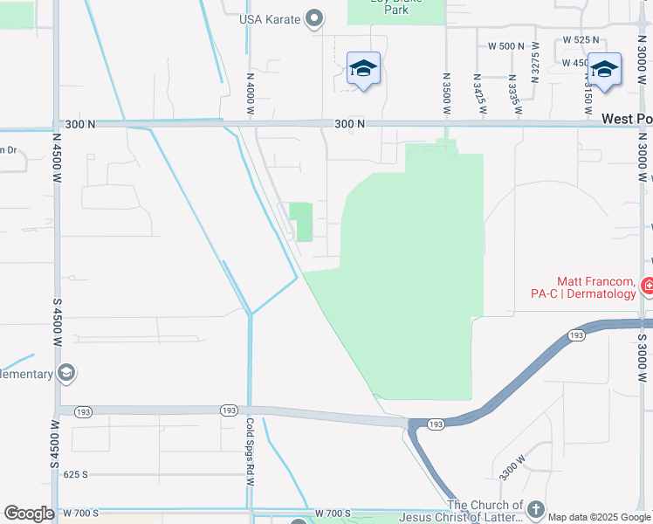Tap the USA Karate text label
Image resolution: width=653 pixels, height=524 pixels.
pos(270,20)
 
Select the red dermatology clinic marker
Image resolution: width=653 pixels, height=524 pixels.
pos(648,285)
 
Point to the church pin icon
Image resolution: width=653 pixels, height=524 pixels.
pos(536,508)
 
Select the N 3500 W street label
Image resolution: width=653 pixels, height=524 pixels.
pos(446,93)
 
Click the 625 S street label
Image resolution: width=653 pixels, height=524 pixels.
pos(76,474)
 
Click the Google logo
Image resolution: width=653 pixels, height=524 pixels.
pos(30,514)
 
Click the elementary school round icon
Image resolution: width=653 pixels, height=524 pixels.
pos(65,374)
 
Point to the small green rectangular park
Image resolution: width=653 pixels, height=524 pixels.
pos(301,220)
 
